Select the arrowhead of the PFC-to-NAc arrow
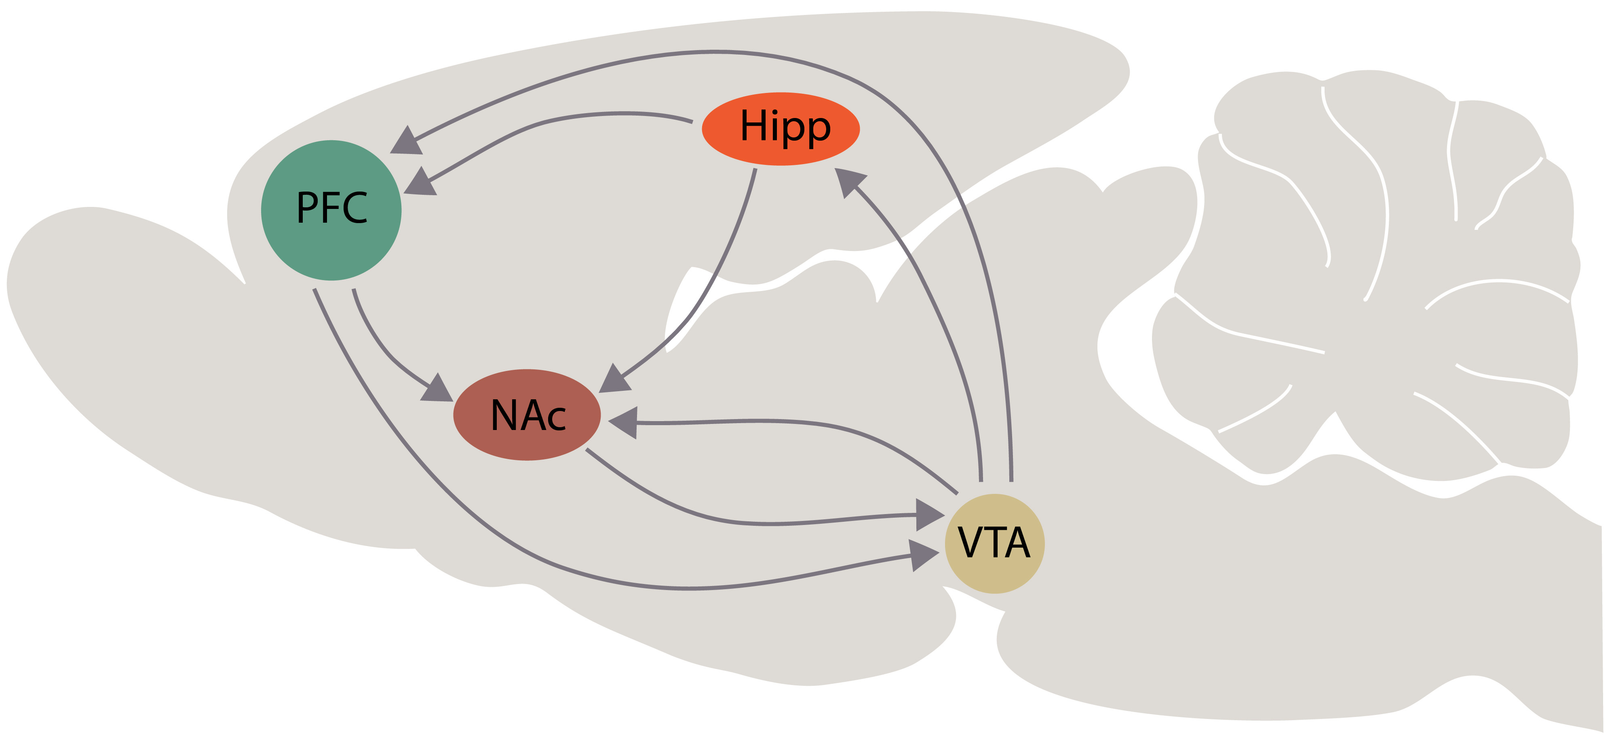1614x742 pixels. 437,388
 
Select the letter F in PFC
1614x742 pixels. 330,208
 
